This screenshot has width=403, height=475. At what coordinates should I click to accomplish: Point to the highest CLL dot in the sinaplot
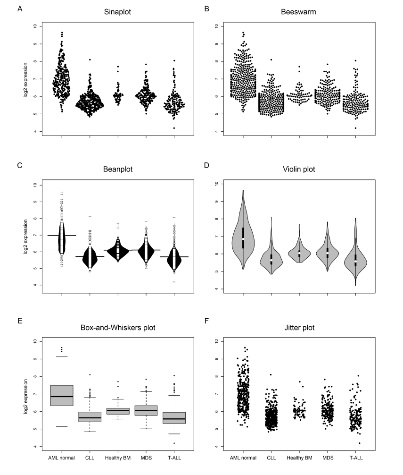pyautogui.click(x=89, y=59)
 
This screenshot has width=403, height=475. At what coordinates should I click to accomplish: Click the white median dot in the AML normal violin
pyautogui.click(x=243, y=239)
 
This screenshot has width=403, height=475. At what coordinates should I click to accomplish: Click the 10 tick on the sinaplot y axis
pyautogui.click(x=34, y=26)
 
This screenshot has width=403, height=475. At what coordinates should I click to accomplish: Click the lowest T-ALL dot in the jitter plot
pyautogui.click(x=359, y=443)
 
